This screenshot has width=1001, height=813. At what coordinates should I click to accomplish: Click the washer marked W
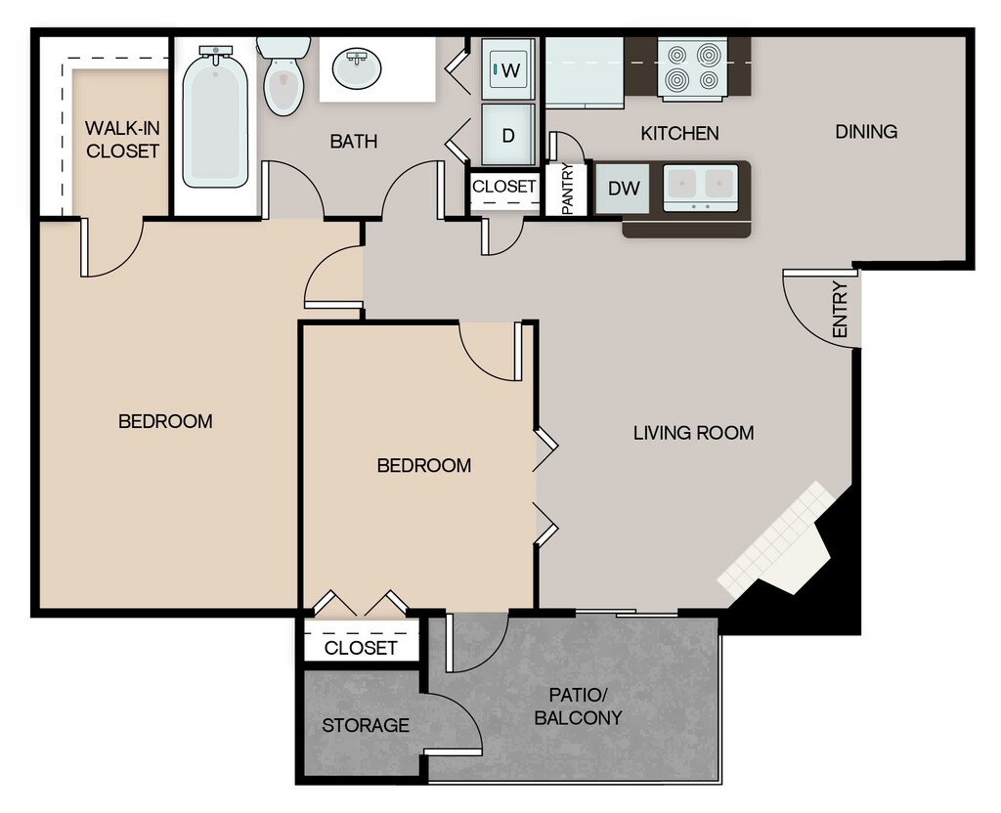508,69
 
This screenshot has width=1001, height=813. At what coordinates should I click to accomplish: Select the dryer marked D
508,135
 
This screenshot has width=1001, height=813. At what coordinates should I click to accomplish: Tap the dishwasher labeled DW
624,188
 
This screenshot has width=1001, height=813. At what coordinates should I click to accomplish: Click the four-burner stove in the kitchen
692,67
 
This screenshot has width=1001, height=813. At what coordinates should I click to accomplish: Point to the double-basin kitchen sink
700,187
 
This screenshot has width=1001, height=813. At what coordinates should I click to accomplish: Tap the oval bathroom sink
357,68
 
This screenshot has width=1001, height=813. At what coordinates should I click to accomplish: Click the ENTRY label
840,311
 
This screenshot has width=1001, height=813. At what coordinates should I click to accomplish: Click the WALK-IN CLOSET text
122,140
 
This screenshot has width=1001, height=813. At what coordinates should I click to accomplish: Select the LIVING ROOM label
693,432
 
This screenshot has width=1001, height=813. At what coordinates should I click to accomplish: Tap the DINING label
866,132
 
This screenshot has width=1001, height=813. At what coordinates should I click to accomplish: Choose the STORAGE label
366,725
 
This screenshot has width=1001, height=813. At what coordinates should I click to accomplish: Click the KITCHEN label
679,133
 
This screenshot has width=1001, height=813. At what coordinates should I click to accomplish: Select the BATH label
353,142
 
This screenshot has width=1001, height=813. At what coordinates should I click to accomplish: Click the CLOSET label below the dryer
504,186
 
